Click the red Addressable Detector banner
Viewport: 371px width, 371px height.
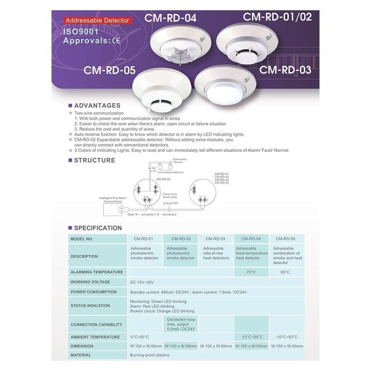[97, 21]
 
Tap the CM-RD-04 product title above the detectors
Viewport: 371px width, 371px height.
[170, 18]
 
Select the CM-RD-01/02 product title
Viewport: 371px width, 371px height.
[277, 18]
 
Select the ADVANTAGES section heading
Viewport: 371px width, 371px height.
[97, 105]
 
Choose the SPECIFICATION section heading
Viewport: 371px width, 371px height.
[98, 228]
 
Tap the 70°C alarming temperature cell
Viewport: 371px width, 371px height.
[251, 272]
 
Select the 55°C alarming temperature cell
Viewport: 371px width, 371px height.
[285, 272]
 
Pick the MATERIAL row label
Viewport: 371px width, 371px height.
[81, 355]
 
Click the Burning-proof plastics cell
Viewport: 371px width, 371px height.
[150, 355]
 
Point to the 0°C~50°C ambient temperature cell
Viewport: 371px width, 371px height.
[140, 337]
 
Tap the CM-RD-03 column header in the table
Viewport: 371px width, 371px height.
[216, 239]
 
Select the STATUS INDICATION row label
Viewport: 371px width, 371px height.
[90, 306]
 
